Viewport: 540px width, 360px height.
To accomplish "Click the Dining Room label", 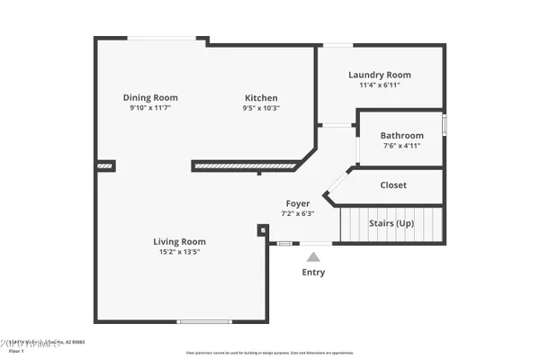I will click(150, 98).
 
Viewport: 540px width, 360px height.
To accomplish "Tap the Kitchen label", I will click(261, 98).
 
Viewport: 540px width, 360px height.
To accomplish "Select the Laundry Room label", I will click(379, 75).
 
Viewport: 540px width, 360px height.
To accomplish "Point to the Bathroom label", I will click(401, 136).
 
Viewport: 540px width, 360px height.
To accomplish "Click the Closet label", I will click(393, 185).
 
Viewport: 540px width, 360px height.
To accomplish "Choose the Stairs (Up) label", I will click(391, 222).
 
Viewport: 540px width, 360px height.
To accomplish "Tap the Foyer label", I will click(298, 203).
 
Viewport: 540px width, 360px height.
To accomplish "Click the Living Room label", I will click(179, 241).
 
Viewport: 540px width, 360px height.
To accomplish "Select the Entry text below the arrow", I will click(313, 273).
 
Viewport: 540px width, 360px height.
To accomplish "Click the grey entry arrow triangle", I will click(313, 256).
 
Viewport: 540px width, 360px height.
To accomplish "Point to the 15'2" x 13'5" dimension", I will click(179, 252).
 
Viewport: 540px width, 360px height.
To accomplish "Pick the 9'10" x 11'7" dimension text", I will click(150, 108).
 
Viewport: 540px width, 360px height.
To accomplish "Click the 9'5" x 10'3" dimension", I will click(261, 108).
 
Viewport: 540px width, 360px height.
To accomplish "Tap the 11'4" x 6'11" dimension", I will click(379, 85).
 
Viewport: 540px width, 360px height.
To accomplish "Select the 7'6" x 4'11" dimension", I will click(401, 146).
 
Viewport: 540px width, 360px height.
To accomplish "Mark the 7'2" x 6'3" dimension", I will click(298, 213).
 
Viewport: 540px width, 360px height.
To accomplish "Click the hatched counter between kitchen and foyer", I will click(244, 166).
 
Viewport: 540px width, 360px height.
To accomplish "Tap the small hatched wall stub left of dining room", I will click(105, 166).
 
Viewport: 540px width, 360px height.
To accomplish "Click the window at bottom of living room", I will click(204, 321).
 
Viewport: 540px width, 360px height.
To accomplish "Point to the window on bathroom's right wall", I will click(444, 123).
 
